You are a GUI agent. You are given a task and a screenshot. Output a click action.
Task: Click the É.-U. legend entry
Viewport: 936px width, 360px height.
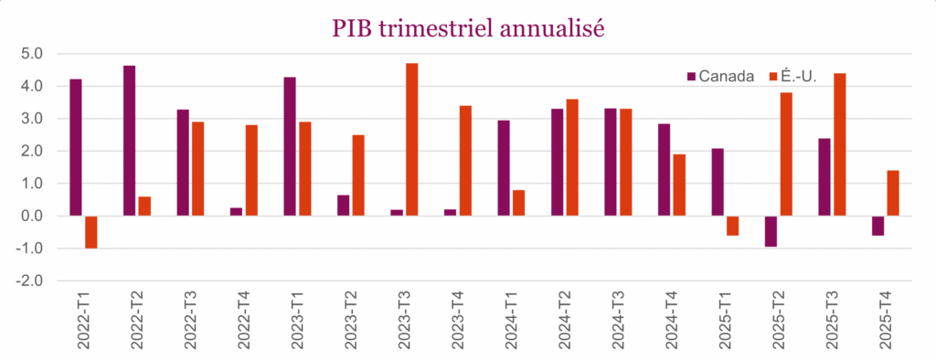(793, 76)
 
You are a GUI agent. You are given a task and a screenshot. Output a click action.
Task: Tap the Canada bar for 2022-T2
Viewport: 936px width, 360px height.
(130, 141)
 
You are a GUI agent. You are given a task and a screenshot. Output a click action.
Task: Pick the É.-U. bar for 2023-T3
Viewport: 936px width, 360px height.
(411, 140)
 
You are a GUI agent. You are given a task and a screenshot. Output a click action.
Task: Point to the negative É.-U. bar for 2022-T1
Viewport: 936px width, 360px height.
(90, 232)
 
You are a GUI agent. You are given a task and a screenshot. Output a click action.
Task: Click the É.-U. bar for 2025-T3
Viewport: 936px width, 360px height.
(839, 144)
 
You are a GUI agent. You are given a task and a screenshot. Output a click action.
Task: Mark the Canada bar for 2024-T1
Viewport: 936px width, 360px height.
(504, 168)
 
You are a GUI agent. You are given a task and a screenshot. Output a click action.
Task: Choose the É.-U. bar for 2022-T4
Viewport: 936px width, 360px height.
(251, 170)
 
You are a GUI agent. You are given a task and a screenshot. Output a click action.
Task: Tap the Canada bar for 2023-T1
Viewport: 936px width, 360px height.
(290, 146)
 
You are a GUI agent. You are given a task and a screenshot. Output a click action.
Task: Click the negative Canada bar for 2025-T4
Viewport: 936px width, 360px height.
(878, 226)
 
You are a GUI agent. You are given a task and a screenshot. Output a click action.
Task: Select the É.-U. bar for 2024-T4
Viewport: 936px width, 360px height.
(679, 185)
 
